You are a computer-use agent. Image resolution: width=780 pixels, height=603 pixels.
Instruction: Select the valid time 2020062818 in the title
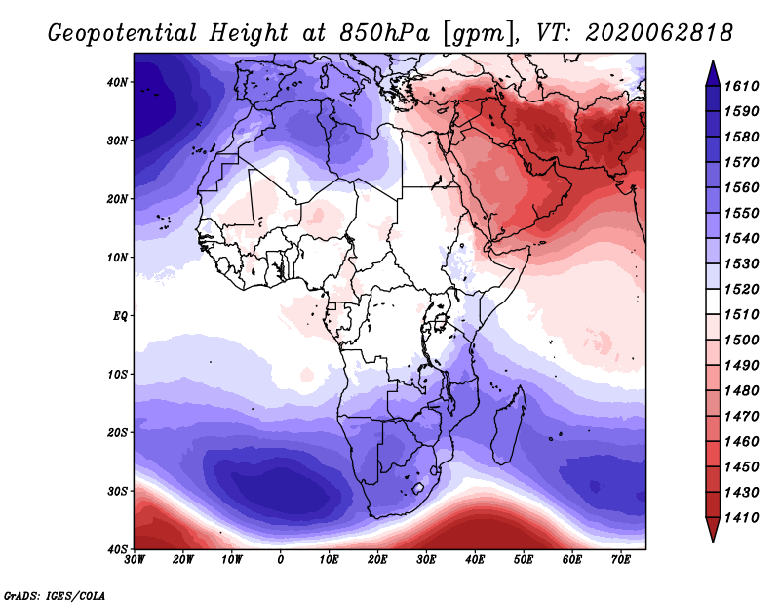tap(659, 32)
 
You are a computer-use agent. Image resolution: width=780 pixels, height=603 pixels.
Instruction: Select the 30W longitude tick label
tap(135, 560)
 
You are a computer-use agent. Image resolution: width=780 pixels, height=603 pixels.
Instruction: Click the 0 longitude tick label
tap(281, 560)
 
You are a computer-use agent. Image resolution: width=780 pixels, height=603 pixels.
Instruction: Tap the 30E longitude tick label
tap(426, 560)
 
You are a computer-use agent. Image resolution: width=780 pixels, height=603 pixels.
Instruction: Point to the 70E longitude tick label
tap(620, 560)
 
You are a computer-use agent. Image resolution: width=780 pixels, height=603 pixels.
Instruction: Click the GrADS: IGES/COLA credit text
tap(54, 594)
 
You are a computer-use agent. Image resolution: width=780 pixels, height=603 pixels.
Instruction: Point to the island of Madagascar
tap(508, 426)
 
